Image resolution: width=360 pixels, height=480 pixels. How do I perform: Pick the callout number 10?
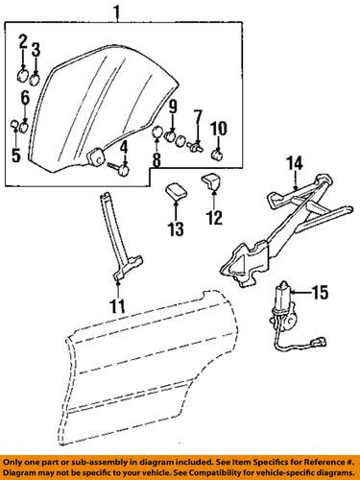(217, 129)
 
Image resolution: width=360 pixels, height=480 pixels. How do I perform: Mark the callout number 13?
(175, 228)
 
